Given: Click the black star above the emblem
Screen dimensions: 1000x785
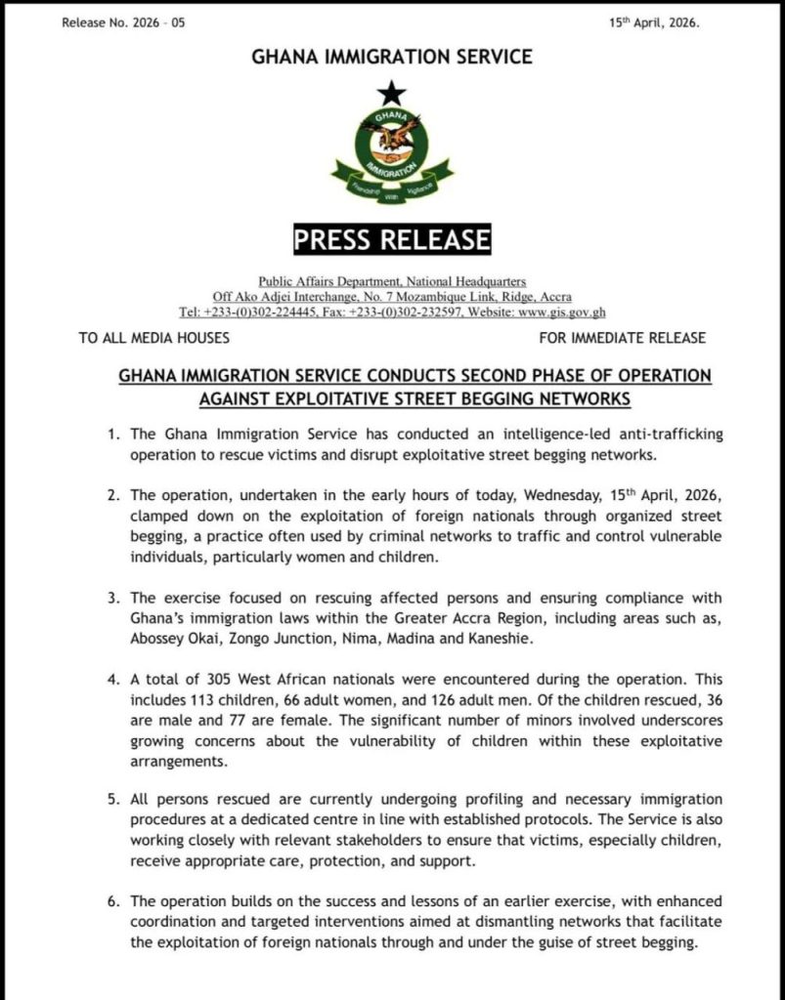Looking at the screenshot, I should tap(391, 94).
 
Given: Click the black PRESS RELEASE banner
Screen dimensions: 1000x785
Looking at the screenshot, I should tap(392, 238).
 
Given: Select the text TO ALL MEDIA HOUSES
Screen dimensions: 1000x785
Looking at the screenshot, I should tap(154, 339).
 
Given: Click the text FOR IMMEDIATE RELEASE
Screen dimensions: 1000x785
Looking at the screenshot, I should tap(622, 339).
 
